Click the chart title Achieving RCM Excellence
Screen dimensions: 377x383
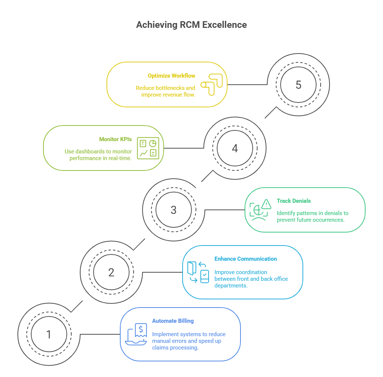click(191, 25)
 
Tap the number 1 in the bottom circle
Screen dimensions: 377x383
click(49, 334)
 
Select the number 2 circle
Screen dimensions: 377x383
click(111, 272)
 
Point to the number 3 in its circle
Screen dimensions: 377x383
click(173, 210)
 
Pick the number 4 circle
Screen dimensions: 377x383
click(235, 149)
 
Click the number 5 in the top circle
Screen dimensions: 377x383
click(298, 85)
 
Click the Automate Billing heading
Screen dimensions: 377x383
click(173, 321)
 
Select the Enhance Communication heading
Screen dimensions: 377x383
click(245, 259)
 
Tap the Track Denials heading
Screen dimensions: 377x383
click(294, 201)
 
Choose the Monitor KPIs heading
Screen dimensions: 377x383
click(115, 139)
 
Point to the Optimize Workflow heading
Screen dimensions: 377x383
click(171, 76)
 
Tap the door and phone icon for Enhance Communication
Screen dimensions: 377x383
click(199, 272)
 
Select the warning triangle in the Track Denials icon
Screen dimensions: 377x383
click(266, 204)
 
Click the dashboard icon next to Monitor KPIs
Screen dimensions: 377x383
click(148, 148)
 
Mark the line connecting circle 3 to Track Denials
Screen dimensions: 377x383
click(225, 210)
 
